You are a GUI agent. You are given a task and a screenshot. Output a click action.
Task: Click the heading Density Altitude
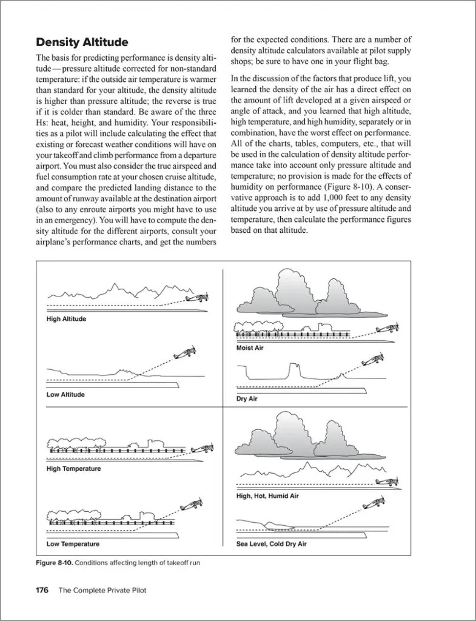click(82, 42)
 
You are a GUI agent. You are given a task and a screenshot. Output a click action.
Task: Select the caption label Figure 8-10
click(55, 563)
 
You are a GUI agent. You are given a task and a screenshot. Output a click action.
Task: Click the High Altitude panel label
click(66, 319)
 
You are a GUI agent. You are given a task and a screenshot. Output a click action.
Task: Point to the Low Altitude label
click(65, 395)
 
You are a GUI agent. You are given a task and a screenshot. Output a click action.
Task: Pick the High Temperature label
click(73, 469)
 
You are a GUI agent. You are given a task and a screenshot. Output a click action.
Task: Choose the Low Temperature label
click(73, 544)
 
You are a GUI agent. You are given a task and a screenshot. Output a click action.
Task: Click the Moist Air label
click(250, 348)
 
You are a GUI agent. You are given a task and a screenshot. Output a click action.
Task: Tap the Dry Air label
click(247, 399)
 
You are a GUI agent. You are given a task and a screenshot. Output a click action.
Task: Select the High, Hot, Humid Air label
click(267, 496)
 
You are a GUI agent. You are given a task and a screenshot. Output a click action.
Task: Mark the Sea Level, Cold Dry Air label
click(271, 544)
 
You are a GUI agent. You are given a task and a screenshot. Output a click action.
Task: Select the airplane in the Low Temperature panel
click(193, 503)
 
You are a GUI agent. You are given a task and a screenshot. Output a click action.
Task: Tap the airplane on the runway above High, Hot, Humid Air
click(388, 482)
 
